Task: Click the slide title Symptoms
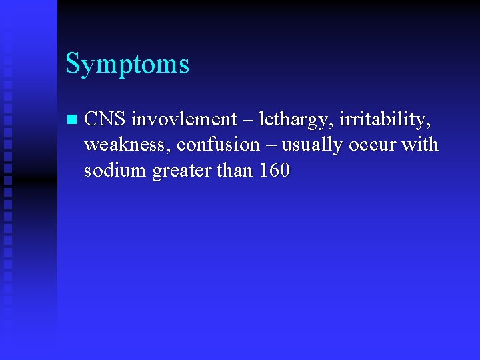coord(127,65)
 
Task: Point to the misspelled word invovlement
coord(184,119)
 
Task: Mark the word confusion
coord(218,145)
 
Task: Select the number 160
coord(274,170)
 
